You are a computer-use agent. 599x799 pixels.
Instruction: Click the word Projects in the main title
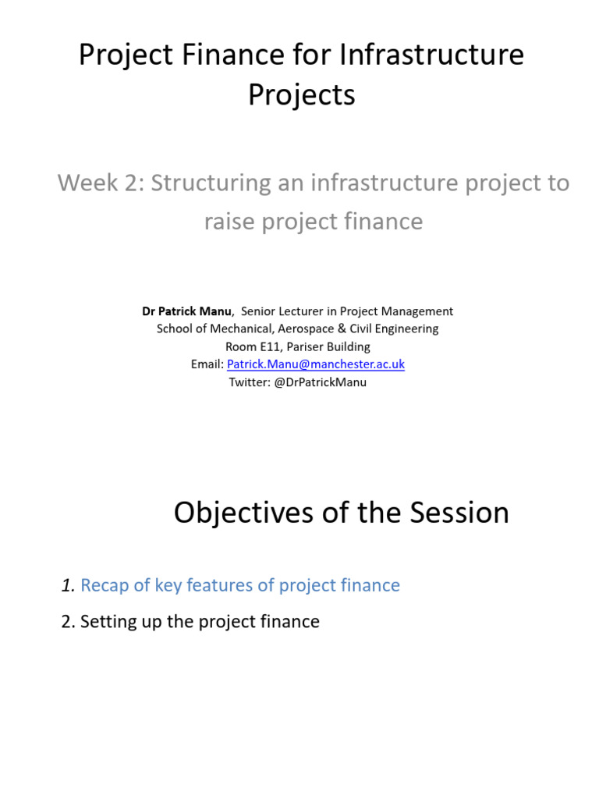[x=301, y=95]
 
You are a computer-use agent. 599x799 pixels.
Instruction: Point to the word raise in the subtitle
[x=229, y=222]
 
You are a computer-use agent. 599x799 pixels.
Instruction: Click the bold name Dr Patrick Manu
[x=186, y=311]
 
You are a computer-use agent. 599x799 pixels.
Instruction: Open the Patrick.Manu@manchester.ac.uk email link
[x=315, y=364]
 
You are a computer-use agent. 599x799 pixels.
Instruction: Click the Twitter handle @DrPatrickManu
[x=321, y=382]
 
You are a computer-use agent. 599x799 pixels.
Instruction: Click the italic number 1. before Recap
[x=68, y=585]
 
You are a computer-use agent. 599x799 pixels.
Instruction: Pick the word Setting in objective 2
[x=106, y=622]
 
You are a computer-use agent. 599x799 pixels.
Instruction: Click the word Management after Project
[x=413, y=311]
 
